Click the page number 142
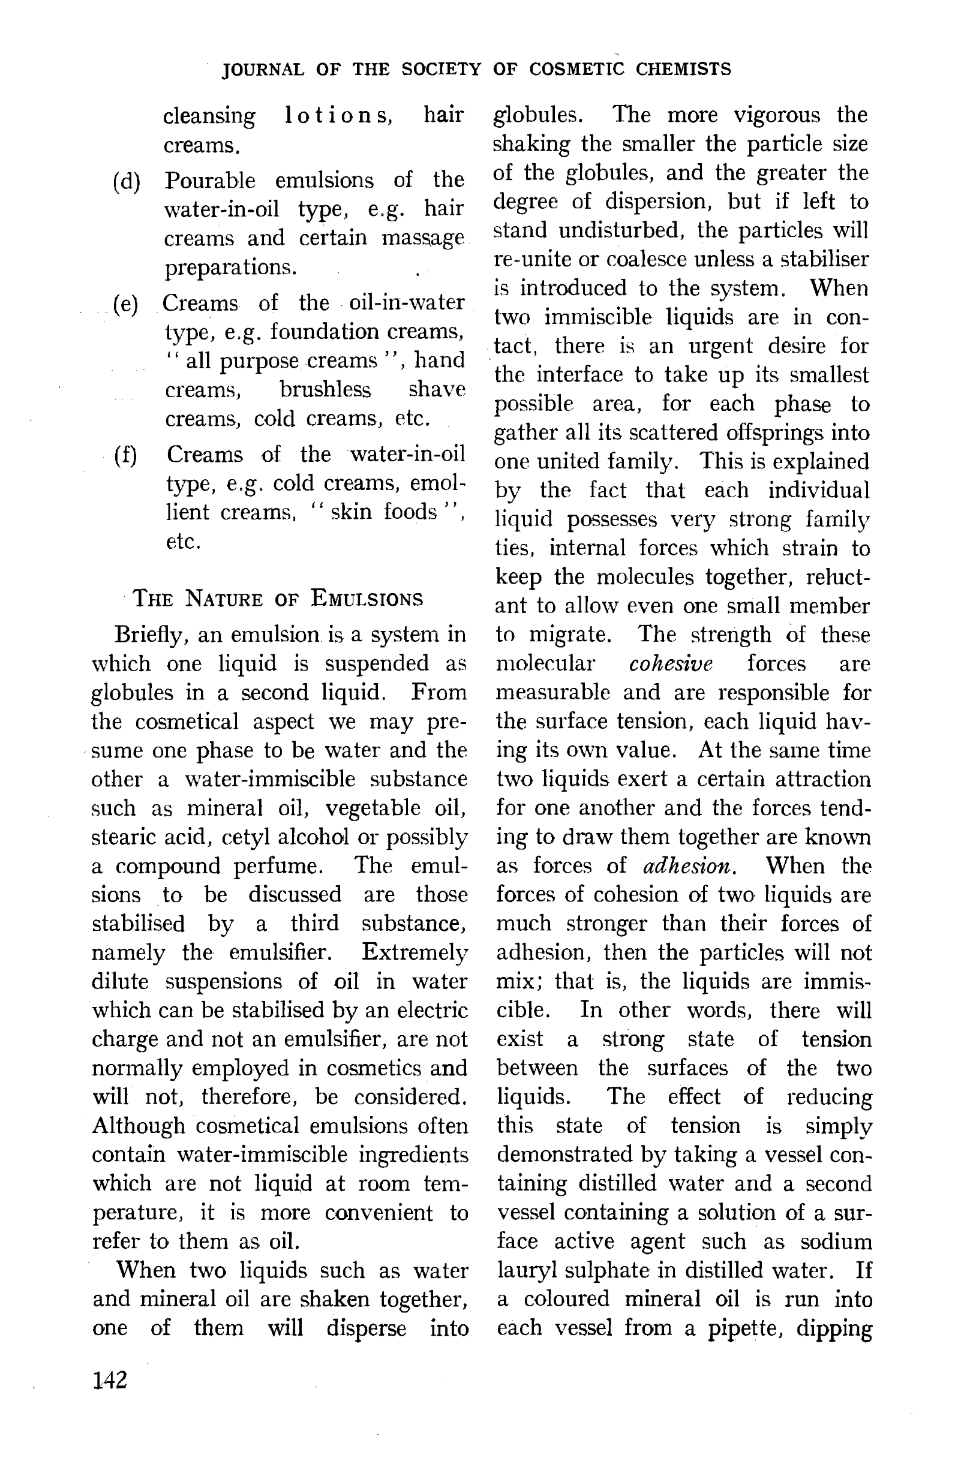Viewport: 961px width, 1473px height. [110, 1380]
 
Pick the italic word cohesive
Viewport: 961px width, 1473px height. [671, 664]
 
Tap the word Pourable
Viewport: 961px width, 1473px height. [210, 181]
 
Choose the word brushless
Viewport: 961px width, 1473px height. [325, 390]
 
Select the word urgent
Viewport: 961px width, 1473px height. [712, 346]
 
